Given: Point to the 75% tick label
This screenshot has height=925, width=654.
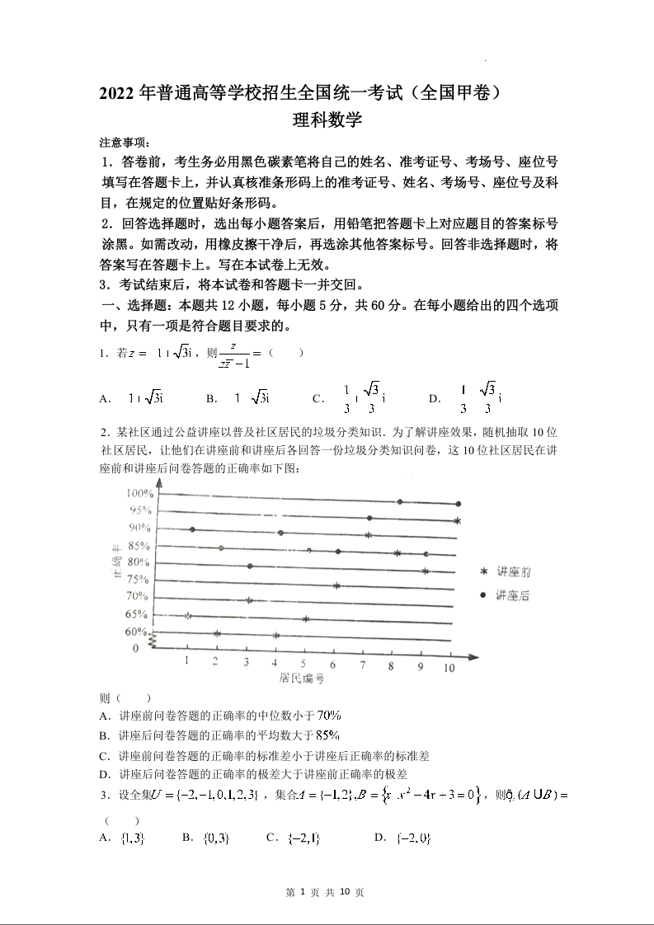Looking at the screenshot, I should tap(138, 580).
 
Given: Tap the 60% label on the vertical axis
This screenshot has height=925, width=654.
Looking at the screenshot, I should tap(136, 632).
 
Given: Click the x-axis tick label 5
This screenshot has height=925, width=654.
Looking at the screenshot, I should tap(303, 664).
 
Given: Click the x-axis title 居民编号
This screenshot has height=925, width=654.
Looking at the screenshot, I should tap(300, 680).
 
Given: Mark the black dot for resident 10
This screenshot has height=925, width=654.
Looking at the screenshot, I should tap(458, 504).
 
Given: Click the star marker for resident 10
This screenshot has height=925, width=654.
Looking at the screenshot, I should tap(457, 521).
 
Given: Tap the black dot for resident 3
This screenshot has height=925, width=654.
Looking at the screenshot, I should tap(250, 566).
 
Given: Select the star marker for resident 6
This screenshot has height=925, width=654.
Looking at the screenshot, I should tap(336, 586).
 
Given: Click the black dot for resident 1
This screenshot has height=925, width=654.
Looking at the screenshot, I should tap(192, 529).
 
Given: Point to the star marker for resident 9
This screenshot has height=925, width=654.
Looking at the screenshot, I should tap(426, 570).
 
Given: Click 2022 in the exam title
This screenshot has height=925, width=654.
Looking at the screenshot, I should tap(118, 93).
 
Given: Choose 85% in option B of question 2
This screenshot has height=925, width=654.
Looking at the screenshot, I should tap(327, 735).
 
